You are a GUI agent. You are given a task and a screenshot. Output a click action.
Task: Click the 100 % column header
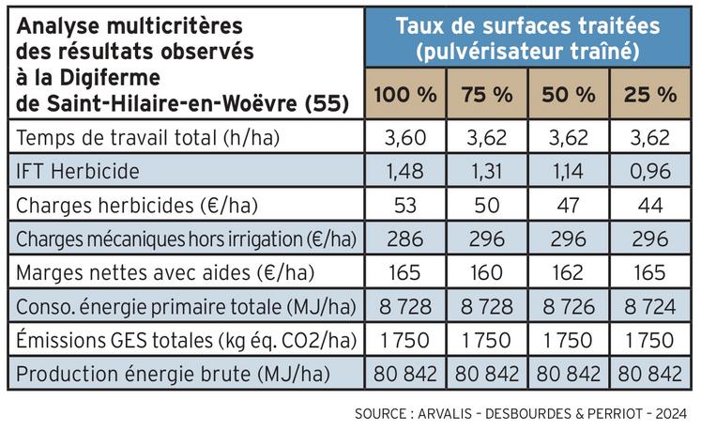(406, 94)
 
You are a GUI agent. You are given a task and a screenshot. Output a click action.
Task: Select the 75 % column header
(487, 94)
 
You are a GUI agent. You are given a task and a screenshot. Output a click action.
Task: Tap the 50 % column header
(569, 94)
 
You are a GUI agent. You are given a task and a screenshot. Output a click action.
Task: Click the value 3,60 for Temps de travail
(406, 140)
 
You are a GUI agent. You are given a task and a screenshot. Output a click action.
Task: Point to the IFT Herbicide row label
(78, 172)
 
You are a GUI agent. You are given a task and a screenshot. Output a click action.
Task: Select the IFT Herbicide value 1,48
(406, 172)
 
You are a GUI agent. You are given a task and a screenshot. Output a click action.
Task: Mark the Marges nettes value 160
(487, 273)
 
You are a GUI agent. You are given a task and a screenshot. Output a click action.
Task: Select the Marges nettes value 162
(569, 273)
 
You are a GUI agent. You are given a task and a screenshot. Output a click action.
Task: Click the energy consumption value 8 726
(569, 307)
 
